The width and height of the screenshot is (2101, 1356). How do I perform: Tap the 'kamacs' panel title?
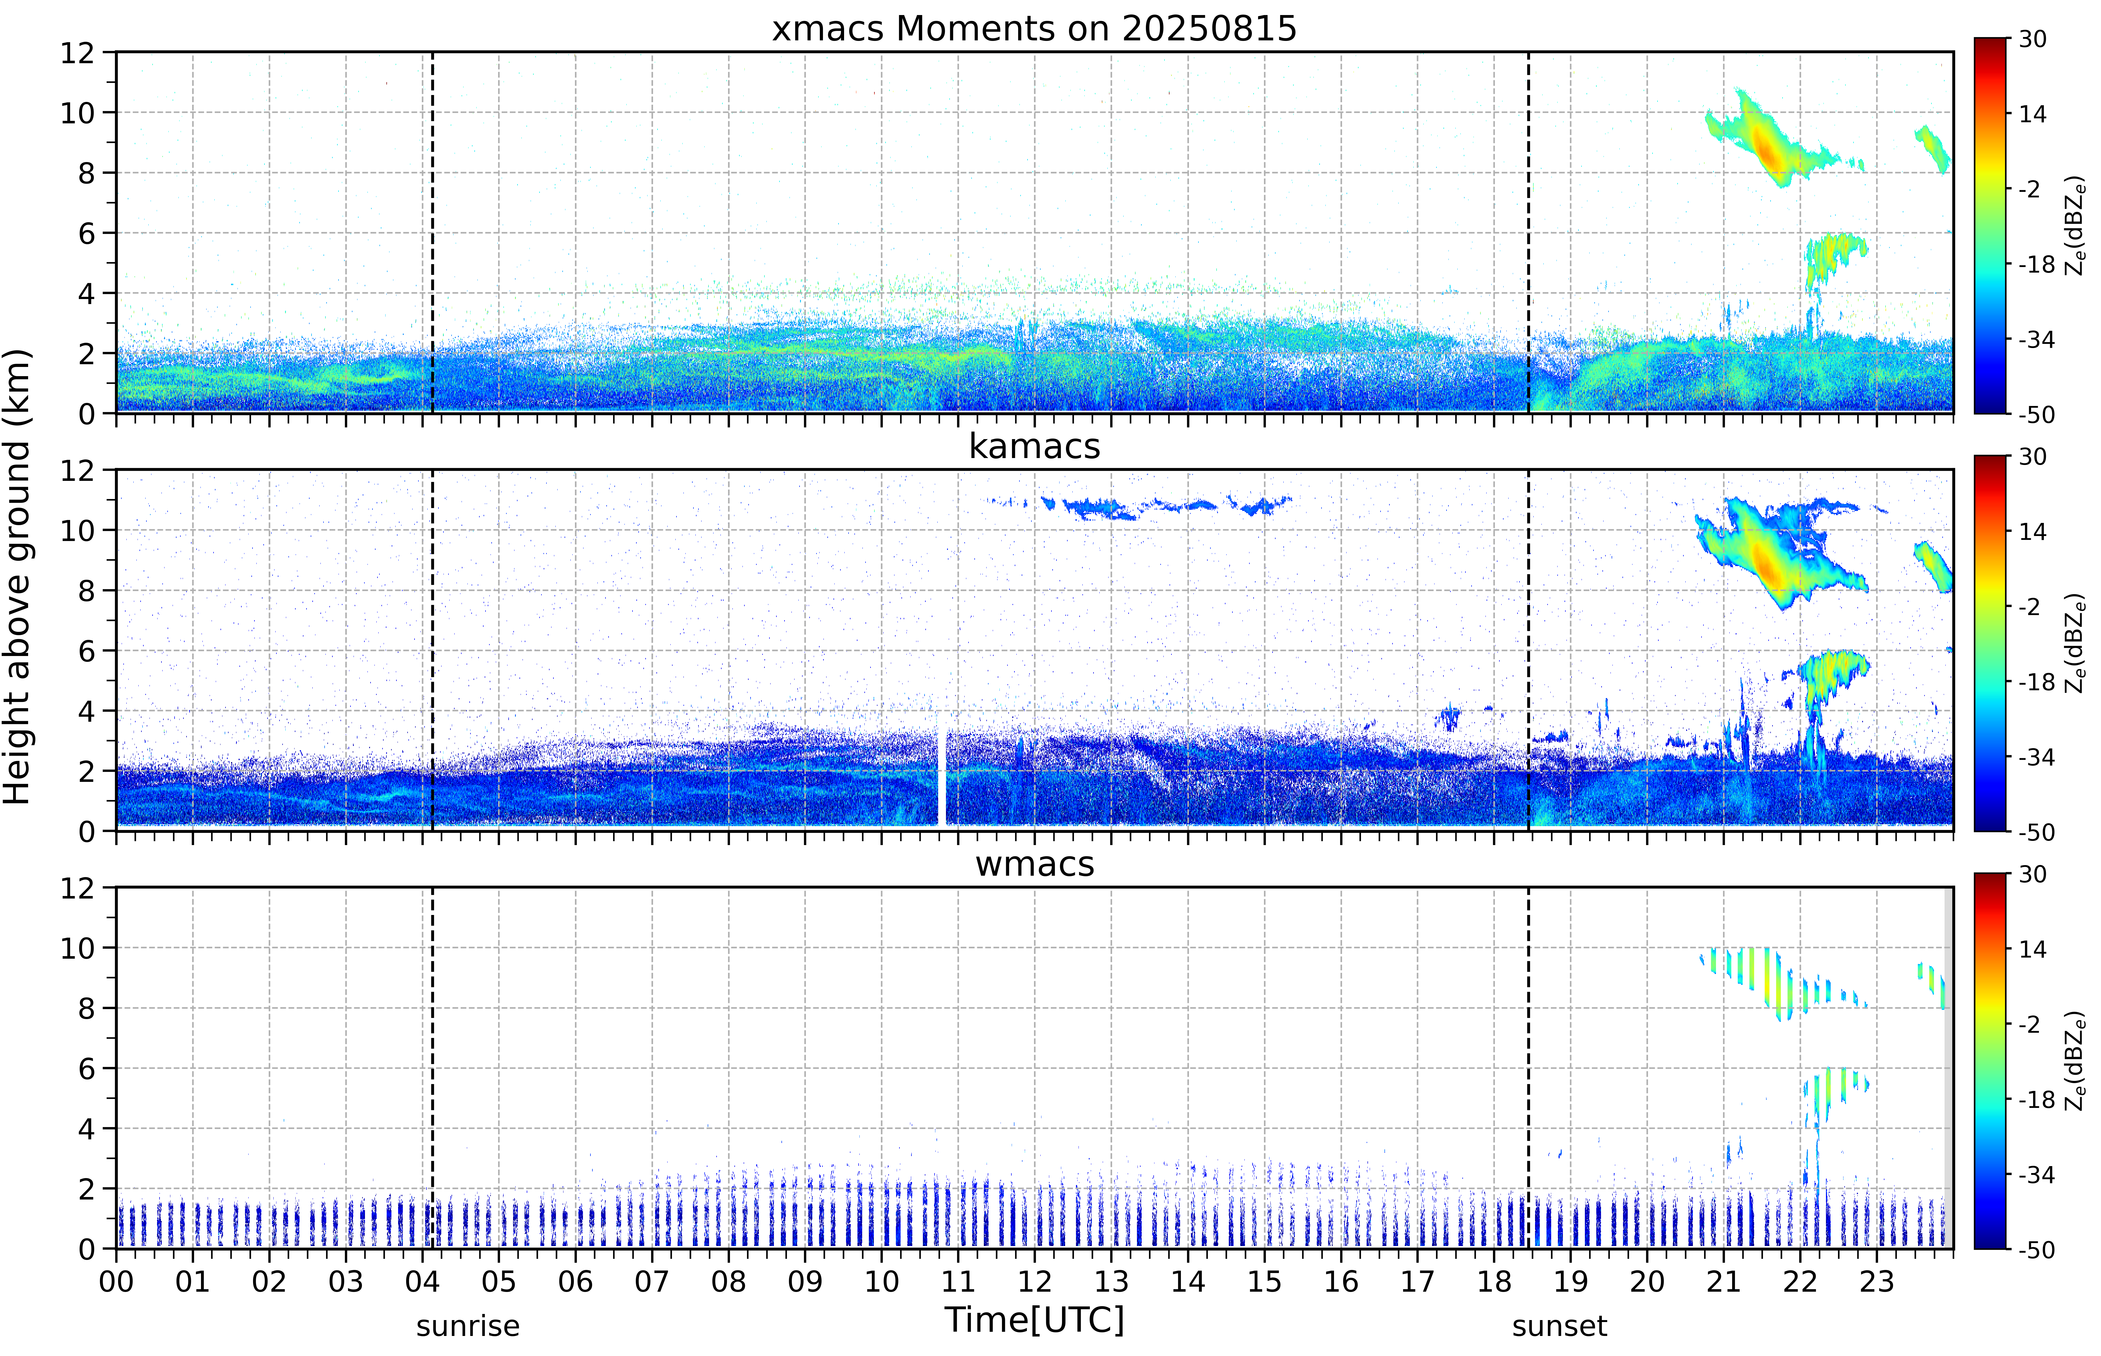click(1034, 446)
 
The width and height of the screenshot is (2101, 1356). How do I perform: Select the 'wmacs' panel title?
click(1034, 864)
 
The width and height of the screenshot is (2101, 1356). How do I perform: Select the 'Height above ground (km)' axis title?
click(18, 577)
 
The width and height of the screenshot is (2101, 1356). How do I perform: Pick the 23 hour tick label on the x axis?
click(1877, 1281)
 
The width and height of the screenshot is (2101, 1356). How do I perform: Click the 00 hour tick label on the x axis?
click(116, 1281)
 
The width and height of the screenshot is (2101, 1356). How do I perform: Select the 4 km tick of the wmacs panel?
click(86, 1129)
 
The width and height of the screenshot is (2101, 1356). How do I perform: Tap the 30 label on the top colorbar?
click(2032, 39)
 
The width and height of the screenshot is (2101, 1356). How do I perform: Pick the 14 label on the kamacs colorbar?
click(2032, 532)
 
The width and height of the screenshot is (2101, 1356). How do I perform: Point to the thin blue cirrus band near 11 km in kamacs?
click(1140, 506)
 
